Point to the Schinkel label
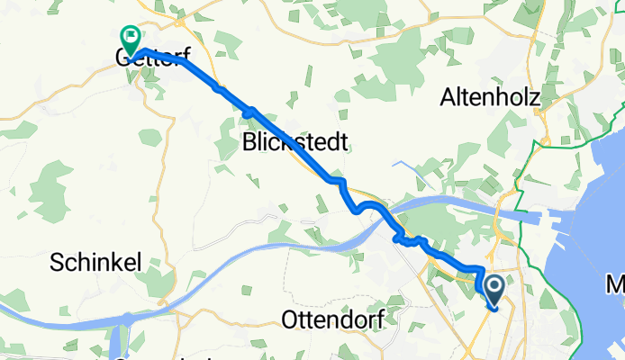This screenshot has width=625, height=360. [95, 262]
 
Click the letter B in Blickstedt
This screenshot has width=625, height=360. [250, 141]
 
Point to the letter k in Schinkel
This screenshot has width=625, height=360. [117, 262]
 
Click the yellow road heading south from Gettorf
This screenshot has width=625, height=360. [162, 162]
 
